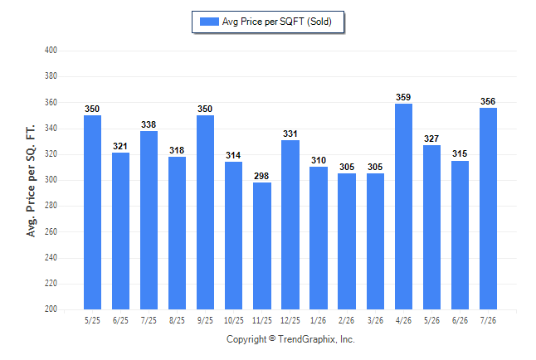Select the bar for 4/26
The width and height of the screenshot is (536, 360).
(x=403, y=207)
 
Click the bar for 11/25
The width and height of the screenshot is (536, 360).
(x=262, y=246)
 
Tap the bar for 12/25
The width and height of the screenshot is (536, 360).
(x=290, y=225)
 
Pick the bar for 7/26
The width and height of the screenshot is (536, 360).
(x=488, y=208)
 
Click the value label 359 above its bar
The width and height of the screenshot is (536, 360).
(x=403, y=97)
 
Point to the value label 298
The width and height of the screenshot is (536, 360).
(x=261, y=176)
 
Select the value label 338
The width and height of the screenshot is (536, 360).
(x=149, y=124)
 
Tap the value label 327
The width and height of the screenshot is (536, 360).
(x=431, y=139)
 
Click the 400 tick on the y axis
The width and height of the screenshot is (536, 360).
(x=51, y=51)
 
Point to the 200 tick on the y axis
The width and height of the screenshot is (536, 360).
(x=51, y=309)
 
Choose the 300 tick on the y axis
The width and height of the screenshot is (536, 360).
(x=51, y=179)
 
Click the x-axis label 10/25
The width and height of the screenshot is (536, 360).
(x=234, y=321)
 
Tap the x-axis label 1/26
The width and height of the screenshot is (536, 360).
(x=319, y=321)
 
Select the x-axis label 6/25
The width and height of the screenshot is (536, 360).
(x=120, y=321)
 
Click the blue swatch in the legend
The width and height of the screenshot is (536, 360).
(x=209, y=22)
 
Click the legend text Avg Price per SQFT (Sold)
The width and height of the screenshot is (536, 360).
(x=277, y=22)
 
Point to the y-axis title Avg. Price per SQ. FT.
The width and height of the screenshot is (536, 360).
(x=31, y=181)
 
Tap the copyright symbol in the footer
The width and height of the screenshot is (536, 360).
(x=272, y=338)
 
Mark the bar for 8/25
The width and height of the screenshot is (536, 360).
(x=177, y=233)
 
